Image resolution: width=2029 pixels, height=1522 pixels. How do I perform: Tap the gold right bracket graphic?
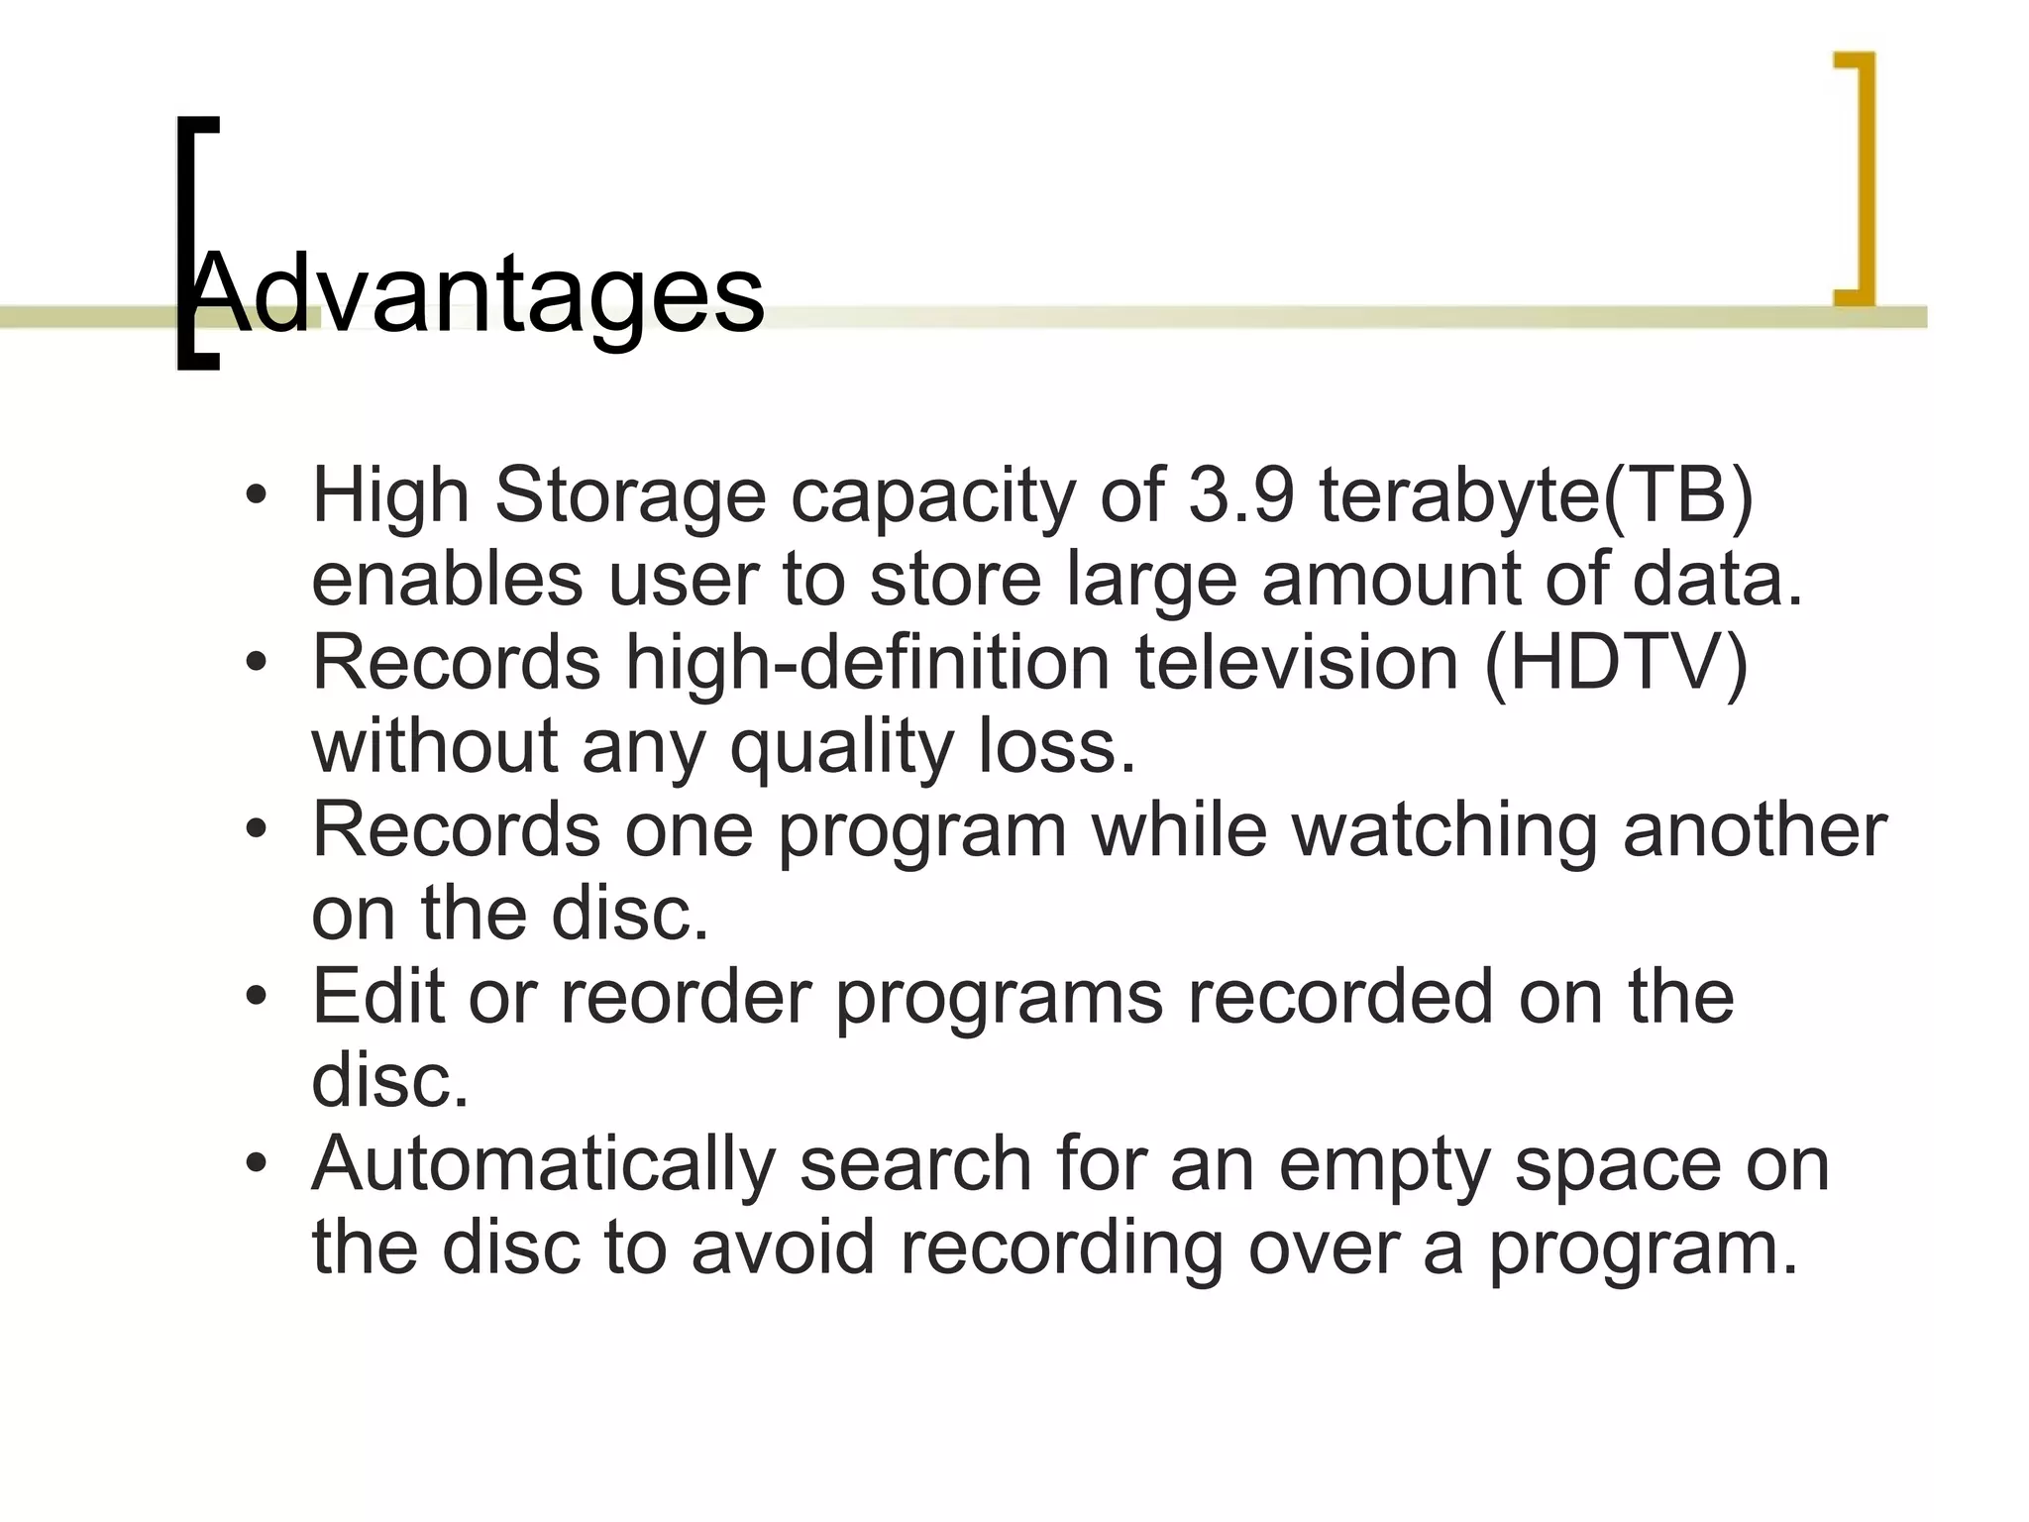coord(1863,178)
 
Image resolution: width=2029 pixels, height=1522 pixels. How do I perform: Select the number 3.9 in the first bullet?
coord(1241,494)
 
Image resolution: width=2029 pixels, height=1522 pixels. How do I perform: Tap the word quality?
coord(841,746)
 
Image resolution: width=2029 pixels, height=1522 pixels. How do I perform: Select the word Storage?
coord(630,494)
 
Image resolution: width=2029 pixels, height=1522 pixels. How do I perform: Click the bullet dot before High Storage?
coord(257,494)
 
